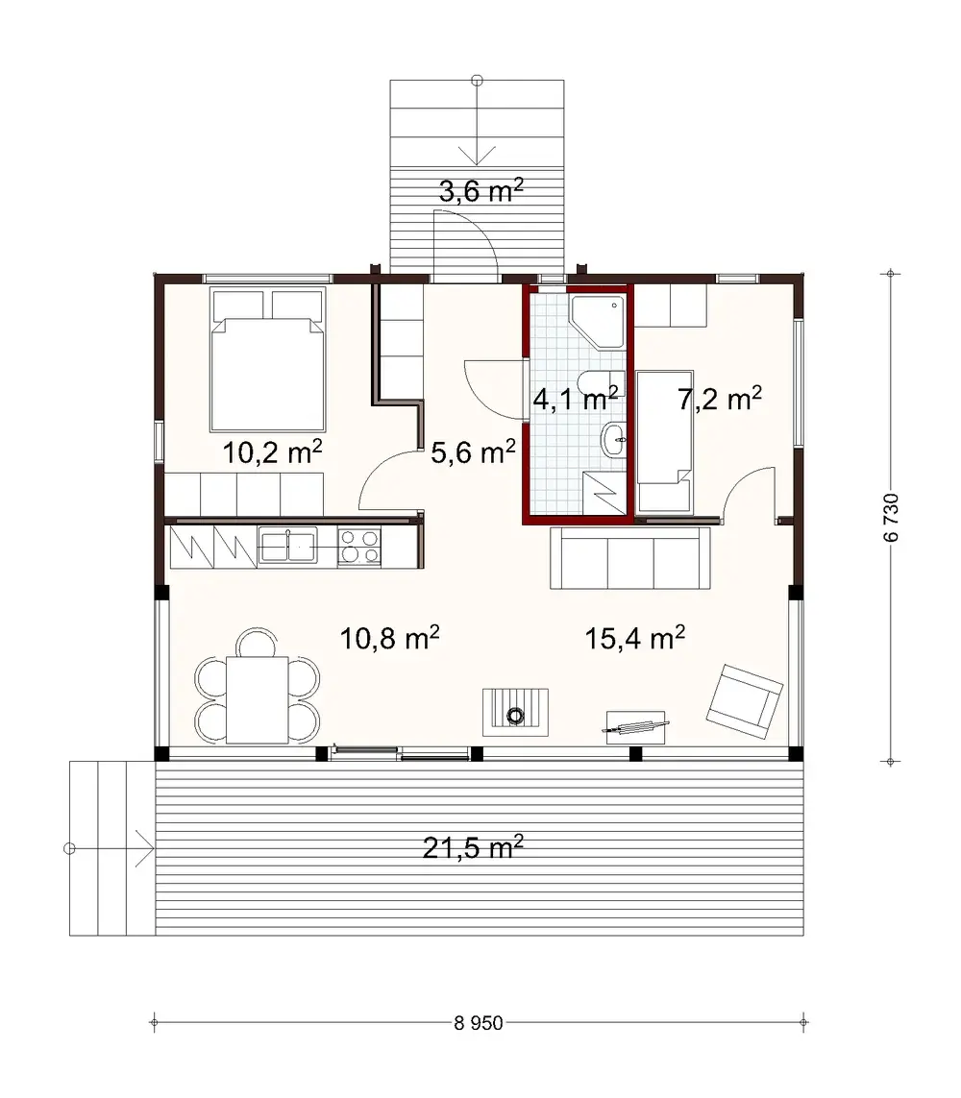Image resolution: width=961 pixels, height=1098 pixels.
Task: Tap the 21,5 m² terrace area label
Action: (x=473, y=847)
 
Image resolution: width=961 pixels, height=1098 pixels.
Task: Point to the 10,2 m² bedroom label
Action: (x=272, y=451)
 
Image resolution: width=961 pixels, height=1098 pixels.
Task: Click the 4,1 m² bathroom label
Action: (x=575, y=398)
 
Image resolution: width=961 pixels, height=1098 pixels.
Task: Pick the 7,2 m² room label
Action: (x=720, y=398)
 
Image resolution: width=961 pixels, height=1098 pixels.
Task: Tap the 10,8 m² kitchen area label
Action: (x=390, y=636)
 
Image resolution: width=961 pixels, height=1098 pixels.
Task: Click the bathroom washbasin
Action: (x=612, y=441)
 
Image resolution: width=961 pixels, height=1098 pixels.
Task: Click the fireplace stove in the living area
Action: (x=516, y=711)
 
